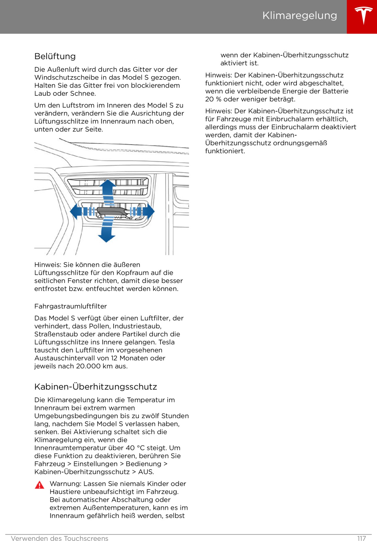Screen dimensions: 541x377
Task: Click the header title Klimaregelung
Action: (x=300, y=15)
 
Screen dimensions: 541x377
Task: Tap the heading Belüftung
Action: (x=55, y=56)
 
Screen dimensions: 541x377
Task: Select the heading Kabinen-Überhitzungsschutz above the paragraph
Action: (x=95, y=387)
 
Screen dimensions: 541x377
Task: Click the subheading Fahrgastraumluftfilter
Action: (x=70, y=306)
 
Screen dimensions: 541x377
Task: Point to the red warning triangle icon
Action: (x=39, y=485)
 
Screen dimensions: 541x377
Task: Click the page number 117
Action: (x=361, y=538)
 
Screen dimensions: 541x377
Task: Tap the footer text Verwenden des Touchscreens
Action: (x=59, y=538)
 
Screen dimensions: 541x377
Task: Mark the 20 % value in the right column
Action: (x=213, y=99)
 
